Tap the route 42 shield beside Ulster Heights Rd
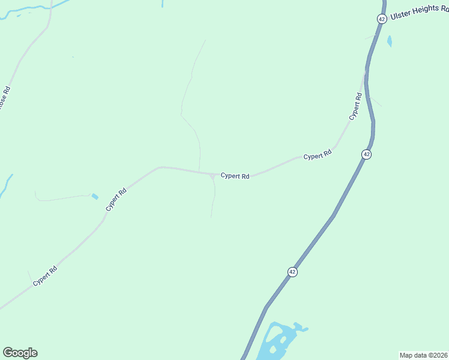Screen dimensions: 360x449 pyautogui.click(x=382, y=19)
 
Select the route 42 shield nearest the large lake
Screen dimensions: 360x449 pyautogui.click(x=292, y=272)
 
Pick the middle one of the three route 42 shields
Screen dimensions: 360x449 pyautogui.click(x=366, y=154)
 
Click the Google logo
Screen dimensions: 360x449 pyautogui.click(x=20, y=353)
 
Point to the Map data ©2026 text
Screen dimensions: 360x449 pyautogui.click(x=423, y=355)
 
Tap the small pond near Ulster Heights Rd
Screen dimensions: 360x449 pyautogui.click(x=390, y=41)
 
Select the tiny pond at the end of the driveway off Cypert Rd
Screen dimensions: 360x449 pyautogui.click(x=95, y=196)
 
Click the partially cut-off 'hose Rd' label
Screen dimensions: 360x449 pyautogui.click(x=5, y=97)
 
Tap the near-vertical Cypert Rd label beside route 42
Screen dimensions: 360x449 pyautogui.click(x=356, y=106)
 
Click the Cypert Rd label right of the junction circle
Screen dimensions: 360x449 pyautogui.click(x=235, y=176)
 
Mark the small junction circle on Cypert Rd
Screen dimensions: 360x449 pyautogui.click(x=212, y=176)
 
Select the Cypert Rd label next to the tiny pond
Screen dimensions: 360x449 pyautogui.click(x=116, y=199)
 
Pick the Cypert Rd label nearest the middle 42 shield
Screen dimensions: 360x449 pyautogui.click(x=318, y=155)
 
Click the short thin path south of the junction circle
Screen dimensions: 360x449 pyautogui.click(x=214, y=198)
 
